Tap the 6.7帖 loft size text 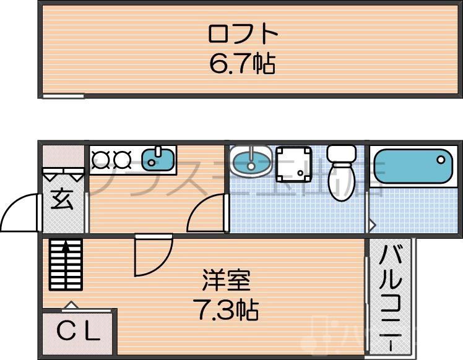click(242, 63)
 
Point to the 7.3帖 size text click(226, 309)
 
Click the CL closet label click(79, 333)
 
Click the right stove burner click(122, 161)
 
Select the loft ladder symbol click(65, 264)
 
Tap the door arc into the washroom click(207, 213)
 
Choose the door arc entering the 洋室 click(152, 257)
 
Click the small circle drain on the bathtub click(440, 159)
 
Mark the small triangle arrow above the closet click(71, 304)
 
